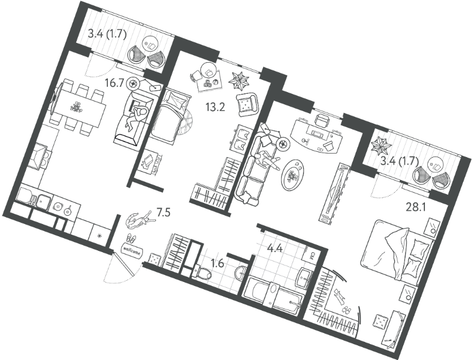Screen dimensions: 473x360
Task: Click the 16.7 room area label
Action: click(x=114, y=82)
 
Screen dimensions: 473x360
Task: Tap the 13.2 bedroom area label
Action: click(x=215, y=107)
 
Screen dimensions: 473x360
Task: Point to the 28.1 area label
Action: click(x=416, y=208)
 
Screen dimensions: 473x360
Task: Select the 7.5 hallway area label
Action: click(x=164, y=213)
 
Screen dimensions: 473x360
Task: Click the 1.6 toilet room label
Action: click(x=217, y=264)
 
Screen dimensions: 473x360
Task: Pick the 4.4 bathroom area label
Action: click(x=274, y=249)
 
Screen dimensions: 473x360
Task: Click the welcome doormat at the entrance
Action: click(x=131, y=250)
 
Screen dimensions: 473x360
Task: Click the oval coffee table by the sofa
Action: click(x=292, y=174)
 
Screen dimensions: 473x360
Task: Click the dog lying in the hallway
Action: click(x=139, y=220)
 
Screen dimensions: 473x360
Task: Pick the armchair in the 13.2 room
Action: click(x=247, y=104)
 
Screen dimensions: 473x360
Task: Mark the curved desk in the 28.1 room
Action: click(x=316, y=134)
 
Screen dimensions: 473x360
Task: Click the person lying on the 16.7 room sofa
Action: click(x=137, y=117)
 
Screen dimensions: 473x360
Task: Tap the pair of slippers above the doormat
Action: click(x=131, y=239)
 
